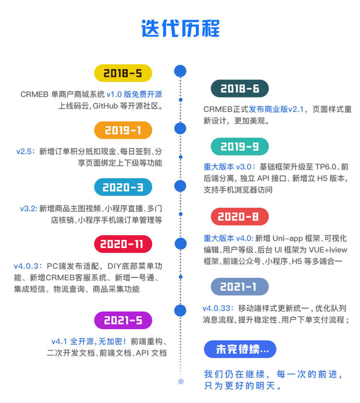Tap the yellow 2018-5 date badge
point(123,73)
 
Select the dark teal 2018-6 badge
point(240,89)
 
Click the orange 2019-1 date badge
point(123,130)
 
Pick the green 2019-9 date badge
point(240,146)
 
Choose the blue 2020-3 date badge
point(123,187)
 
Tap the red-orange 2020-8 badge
point(240,217)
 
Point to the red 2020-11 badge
point(123,244)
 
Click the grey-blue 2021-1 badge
point(240,287)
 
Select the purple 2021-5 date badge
point(123,320)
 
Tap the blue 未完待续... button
point(240,349)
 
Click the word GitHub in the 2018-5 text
point(109,106)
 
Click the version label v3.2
point(28,208)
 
